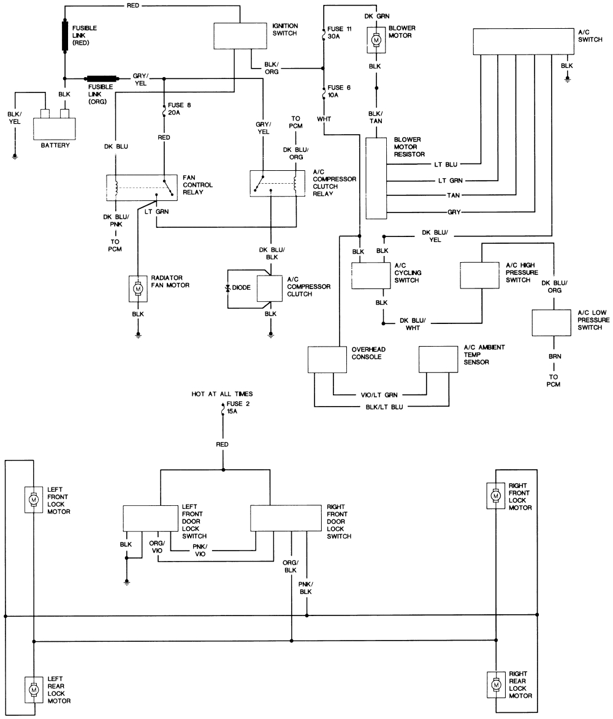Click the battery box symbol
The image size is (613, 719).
pos(54,128)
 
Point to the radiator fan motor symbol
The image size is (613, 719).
pos(138,288)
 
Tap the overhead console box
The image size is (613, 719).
pos(327,359)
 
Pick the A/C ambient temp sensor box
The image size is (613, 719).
pos(438,359)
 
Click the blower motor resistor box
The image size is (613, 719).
pos(376,178)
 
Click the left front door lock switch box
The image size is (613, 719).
pos(150,518)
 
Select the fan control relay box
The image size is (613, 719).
pos(142,186)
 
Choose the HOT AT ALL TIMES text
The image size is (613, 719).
pos(221,394)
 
